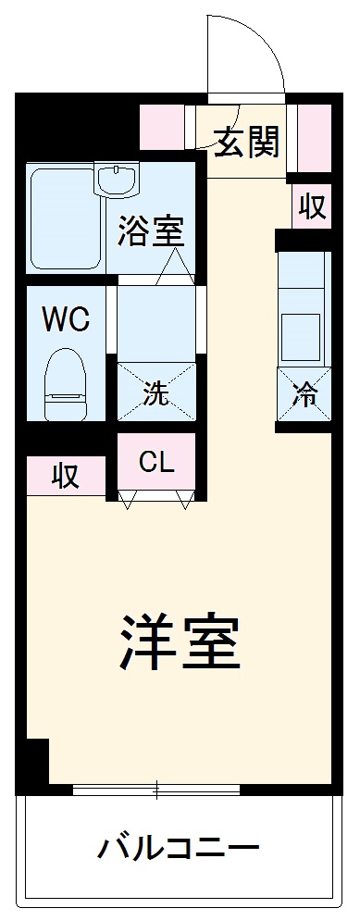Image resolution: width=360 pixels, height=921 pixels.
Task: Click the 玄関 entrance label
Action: tap(247, 142)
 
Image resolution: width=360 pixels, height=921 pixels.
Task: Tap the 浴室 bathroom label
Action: tap(151, 230)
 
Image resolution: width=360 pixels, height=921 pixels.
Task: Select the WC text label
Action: tap(66, 320)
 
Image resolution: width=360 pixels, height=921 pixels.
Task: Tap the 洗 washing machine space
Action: tap(156, 394)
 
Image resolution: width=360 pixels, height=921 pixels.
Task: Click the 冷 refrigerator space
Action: tap(304, 395)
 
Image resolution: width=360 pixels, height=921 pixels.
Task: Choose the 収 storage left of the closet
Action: tap(64, 477)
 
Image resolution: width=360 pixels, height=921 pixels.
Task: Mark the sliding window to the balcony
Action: tap(156, 790)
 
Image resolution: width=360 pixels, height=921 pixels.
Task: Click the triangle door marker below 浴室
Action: tap(175, 268)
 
